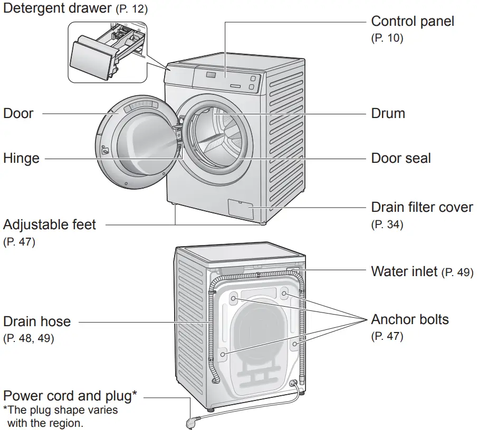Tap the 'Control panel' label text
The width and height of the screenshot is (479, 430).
[x=412, y=21]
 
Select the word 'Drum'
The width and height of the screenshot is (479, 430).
[x=388, y=113]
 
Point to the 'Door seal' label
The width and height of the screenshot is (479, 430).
[x=400, y=158]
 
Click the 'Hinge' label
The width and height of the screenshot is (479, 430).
[x=21, y=158]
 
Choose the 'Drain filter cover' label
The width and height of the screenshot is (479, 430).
[x=422, y=207]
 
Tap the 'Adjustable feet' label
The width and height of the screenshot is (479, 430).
[x=50, y=224]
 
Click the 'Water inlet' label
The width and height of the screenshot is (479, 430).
[x=404, y=271]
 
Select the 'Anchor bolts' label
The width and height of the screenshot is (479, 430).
[x=410, y=319]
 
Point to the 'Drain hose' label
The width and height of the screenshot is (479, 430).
[x=37, y=321]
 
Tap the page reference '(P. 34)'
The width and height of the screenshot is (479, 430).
[x=387, y=224]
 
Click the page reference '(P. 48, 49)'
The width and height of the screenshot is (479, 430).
[x=28, y=338]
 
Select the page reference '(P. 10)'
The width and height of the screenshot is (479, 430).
[x=387, y=38]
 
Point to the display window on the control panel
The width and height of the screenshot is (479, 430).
[x=210, y=76]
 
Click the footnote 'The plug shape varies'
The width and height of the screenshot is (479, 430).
[x=61, y=409]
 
